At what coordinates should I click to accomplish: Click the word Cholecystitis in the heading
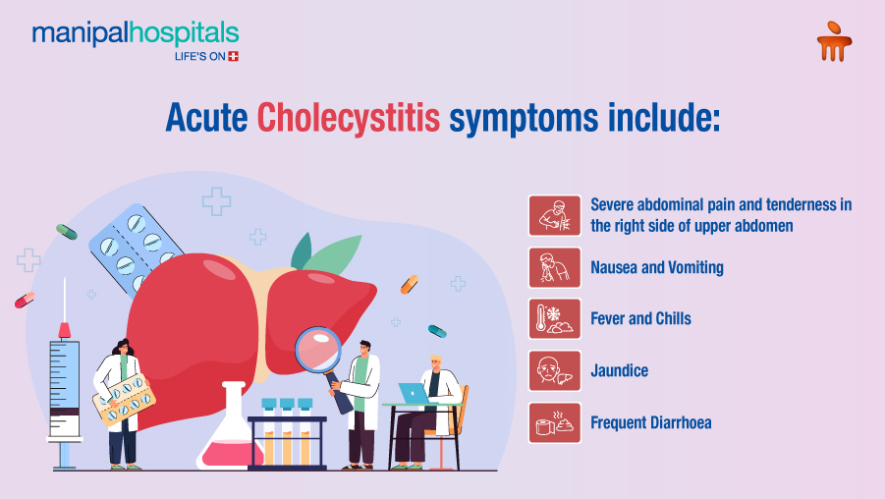[x=349, y=117]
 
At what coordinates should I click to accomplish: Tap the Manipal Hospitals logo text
[x=135, y=34]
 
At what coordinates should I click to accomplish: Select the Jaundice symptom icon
[x=555, y=371]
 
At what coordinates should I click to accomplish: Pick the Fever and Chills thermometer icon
[x=555, y=319]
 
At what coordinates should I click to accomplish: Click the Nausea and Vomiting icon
[x=555, y=267]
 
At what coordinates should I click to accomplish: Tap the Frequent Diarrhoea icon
[x=555, y=423]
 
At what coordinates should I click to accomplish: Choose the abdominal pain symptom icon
[x=555, y=215]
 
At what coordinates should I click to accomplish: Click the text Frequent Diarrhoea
[x=650, y=423]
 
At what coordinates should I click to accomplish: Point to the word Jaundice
[x=619, y=371]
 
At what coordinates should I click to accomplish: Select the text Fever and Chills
[x=640, y=319]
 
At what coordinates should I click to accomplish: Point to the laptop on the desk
[x=414, y=393]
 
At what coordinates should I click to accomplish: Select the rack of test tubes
[x=287, y=432]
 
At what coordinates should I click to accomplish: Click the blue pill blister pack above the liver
[x=132, y=249]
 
